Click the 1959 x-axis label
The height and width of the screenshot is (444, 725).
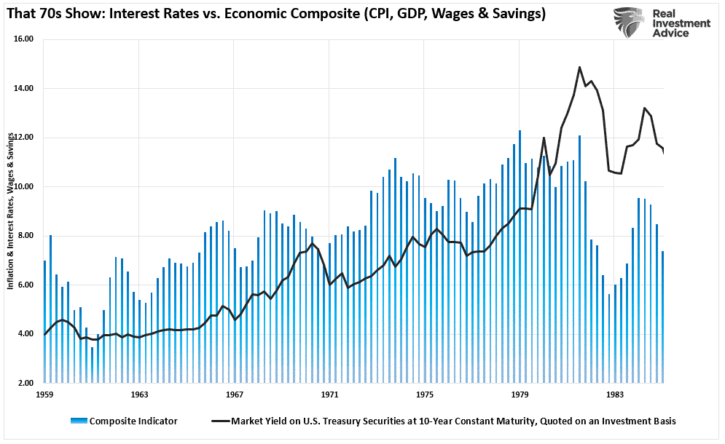coord(44,395)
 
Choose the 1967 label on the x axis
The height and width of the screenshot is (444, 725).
coord(235,395)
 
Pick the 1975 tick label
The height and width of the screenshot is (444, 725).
coord(425,395)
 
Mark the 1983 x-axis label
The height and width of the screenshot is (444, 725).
coord(615,395)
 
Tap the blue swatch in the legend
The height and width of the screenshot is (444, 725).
coord(79,421)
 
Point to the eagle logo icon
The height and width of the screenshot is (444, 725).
coord(628,23)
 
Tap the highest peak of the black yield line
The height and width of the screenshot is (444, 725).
coord(579,67)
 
